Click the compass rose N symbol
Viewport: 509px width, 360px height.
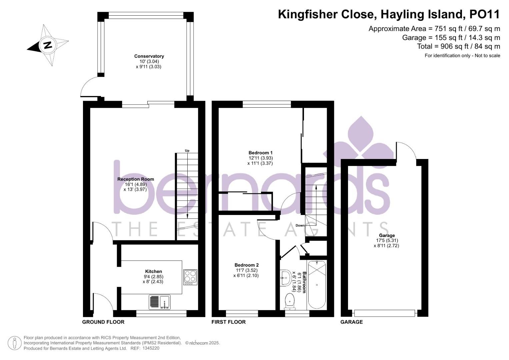[47, 45]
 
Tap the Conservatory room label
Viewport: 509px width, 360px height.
[149, 56]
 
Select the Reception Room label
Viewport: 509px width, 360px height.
[136, 179]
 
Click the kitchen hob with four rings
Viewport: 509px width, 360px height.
[190, 277]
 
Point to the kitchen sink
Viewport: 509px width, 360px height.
[160, 302]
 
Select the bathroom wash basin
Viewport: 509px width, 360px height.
[285, 278]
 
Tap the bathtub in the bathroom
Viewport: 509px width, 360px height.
[317, 285]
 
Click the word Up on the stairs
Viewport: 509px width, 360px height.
[187, 151]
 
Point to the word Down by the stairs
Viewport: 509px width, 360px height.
[300, 225]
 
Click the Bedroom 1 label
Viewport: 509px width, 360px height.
[260, 153]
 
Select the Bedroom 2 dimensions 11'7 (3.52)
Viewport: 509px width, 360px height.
[246, 270]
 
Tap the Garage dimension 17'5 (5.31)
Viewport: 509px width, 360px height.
[387, 240]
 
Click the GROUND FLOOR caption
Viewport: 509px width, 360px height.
[103, 322]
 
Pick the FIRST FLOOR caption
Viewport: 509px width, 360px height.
[229, 322]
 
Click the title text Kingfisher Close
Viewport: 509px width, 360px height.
[326, 14]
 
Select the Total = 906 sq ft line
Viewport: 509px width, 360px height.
[458, 46]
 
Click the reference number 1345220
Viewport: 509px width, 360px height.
[151, 348]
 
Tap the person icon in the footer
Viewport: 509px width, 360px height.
[15, 343]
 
